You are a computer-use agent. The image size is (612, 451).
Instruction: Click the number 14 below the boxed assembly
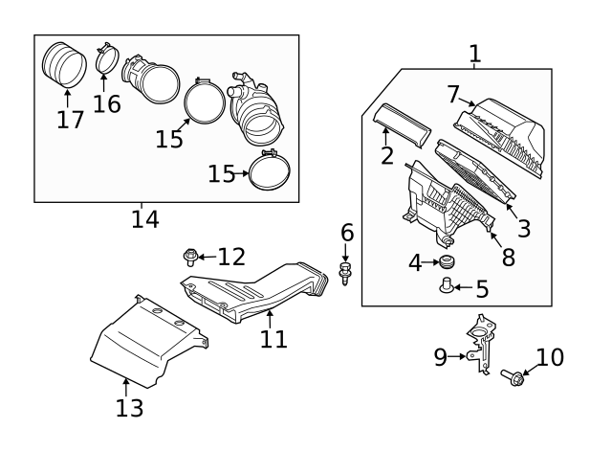tap(144, 218)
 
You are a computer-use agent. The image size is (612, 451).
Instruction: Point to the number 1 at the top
tap(475, 54)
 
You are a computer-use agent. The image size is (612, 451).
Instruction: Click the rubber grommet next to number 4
tap(446, 262)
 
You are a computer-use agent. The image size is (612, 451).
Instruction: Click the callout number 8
tap(507, 257)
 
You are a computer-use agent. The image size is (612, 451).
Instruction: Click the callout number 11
tap(273, 339)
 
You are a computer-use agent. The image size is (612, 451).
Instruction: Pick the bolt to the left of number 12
tap(191, 256)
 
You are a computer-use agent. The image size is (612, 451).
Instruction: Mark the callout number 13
tap(129, 408)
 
